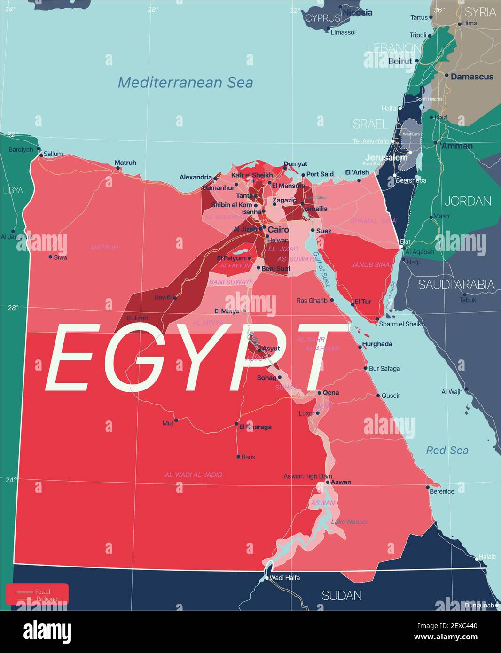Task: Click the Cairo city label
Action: pos(278,230)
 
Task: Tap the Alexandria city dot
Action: pos(215,178)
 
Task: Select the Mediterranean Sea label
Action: pos(185,83)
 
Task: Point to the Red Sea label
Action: pos(447,451)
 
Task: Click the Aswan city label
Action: pos(341,482)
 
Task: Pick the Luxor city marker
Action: pos(318,413)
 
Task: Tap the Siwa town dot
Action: pos(50,257)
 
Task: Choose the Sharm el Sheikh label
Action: pos(401,324)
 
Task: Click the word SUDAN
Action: pos(342,596)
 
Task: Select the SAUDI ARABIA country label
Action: pos(456,285)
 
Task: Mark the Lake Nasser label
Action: pos(350,522)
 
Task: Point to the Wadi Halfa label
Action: pos(285,578)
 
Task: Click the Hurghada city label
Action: pos(377,344)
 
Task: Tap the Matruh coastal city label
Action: pos(125,163)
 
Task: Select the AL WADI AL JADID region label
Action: pos(194,475)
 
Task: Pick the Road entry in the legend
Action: pos(43,591)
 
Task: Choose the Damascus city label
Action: pos(472,77)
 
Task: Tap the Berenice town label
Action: pos(442,491)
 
